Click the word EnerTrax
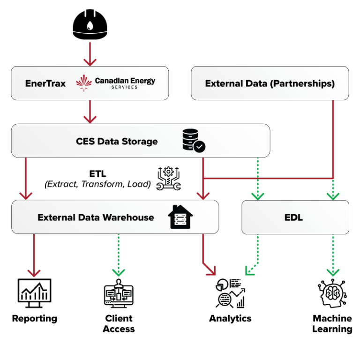45,83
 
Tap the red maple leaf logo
84,83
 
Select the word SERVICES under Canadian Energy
125,87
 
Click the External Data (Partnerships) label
270,84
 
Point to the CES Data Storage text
117,142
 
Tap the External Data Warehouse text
96,217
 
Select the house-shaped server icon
180,217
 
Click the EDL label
293,217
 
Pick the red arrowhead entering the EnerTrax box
90,61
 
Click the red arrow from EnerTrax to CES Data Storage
90,112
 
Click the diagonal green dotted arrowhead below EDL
250,271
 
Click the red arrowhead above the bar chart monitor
34,272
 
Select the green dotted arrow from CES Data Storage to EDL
258,178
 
